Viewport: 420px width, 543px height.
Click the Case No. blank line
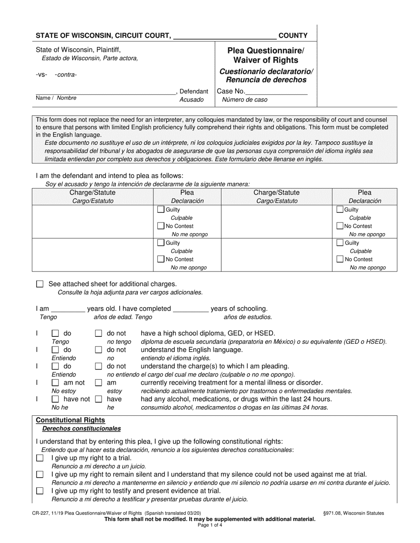276,92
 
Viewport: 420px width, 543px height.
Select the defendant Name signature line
105,92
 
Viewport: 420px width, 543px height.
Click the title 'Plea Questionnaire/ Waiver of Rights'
266,55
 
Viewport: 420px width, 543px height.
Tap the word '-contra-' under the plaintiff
65,75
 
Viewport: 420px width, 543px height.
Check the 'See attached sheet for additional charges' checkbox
40,284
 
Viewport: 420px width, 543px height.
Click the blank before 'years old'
68,309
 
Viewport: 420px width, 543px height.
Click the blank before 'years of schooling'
191,309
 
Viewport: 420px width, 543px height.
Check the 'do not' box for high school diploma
99,333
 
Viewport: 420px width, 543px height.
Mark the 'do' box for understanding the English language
56,350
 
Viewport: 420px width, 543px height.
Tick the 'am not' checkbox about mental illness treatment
56,383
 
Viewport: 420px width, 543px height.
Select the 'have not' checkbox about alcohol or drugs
56,399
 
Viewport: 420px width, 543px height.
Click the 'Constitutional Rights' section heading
70,420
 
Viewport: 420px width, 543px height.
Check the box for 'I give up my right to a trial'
40,458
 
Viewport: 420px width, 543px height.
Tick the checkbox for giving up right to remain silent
40,475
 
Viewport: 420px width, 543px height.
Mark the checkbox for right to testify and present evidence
40,491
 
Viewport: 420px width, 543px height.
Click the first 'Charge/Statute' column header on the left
92,192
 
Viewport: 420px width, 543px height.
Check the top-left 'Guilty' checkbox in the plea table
161,210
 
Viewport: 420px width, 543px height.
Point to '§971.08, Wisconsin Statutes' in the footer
353,513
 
